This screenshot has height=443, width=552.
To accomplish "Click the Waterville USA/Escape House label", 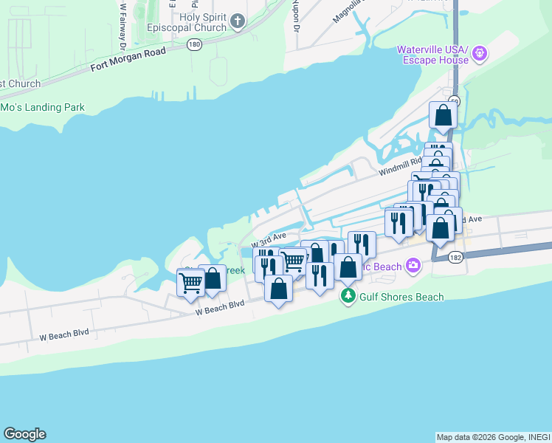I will click(434, 55).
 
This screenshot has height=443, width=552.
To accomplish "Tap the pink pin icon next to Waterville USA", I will click(480, 52).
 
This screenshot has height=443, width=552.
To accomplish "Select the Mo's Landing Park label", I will click(42, 107).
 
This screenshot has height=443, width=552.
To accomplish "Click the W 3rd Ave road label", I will click(269, 239).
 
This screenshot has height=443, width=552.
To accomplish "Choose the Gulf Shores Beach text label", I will click(401, 297).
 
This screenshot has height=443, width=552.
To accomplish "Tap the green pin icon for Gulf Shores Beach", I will click(348, 297).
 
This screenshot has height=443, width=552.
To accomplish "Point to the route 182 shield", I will click(455, 256).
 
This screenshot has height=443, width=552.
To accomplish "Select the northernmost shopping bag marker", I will click(443, 115).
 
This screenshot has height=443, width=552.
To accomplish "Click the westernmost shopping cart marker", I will click(190, 282).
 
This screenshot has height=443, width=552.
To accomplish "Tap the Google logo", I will click(24, 434).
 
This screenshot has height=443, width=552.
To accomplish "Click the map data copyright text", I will click(493, 437).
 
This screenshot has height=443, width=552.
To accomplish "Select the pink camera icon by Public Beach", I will click(413, 264).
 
